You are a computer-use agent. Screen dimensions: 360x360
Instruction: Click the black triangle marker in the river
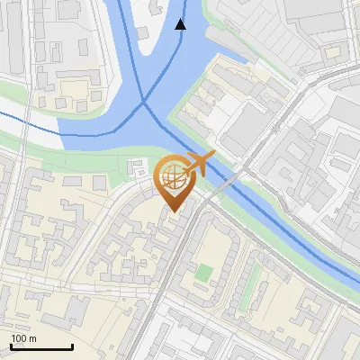click(181, 23)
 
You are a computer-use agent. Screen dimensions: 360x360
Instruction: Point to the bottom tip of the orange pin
click(173, 211)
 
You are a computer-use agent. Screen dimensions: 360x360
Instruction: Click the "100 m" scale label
click(23, 338)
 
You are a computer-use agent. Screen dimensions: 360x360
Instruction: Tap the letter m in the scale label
click(32, 338)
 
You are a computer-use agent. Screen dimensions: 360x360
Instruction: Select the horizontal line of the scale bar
click(41, 347)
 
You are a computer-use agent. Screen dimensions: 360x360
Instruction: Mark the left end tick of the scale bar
click(11, 346)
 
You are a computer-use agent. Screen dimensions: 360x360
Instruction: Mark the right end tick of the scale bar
click(72, 346)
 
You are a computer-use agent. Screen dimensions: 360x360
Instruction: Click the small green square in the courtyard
click(205, 273)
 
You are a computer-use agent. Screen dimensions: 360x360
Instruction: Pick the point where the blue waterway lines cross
click(145, 103)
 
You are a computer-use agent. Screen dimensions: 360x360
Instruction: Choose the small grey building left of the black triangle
click(143, 32)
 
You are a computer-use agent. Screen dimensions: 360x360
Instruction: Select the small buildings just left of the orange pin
click(139, 168)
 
